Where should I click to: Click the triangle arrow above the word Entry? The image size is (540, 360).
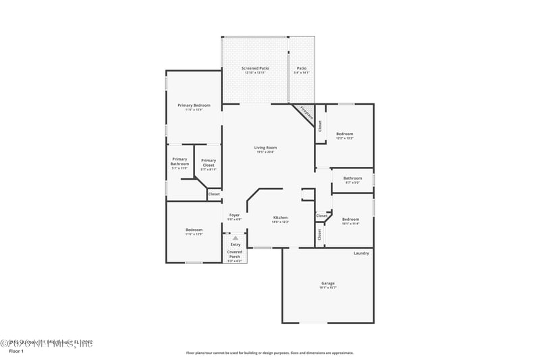coord(235,238)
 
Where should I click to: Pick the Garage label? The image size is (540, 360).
coord(328,284)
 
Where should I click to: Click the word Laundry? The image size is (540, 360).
coord(361,253)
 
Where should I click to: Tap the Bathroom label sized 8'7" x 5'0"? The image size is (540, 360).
coord(352,180)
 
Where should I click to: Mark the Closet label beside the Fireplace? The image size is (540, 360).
coord(320,126)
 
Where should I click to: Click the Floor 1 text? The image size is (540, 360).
coord(16,351)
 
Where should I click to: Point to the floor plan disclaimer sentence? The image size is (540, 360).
coord(269,353)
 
